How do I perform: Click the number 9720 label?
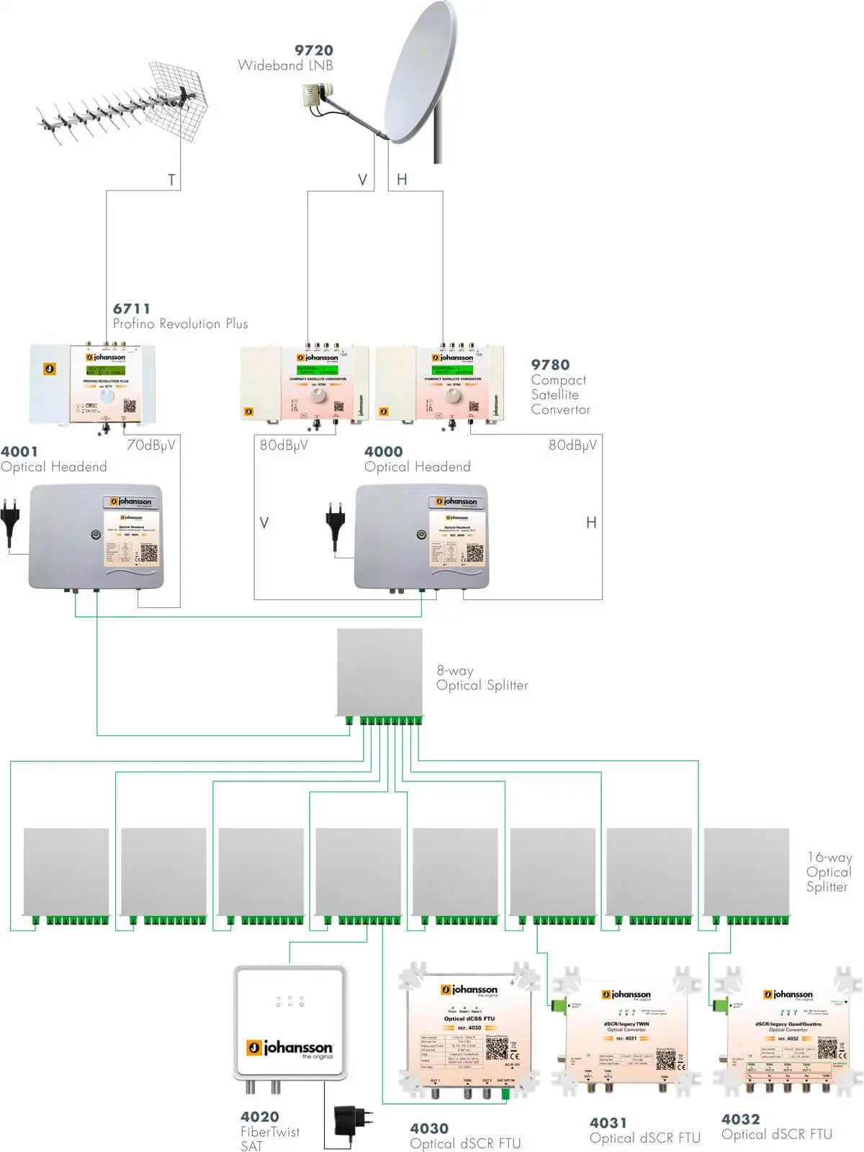pos(313,50)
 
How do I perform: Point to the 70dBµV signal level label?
pos(150,445)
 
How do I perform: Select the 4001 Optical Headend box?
pos(95,536)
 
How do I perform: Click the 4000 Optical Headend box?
pos(421,536)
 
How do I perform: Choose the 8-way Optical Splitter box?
pos(379,673)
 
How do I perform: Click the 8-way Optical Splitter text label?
pos(481,678)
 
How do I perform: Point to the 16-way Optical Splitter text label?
pos(828,871)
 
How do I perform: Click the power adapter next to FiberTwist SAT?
pos(354,1120)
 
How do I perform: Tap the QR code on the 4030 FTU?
pos(496,1048)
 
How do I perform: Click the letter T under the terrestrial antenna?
pos(171,180)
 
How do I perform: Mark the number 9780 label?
pos(549,365)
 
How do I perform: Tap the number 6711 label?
pos(132,309)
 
